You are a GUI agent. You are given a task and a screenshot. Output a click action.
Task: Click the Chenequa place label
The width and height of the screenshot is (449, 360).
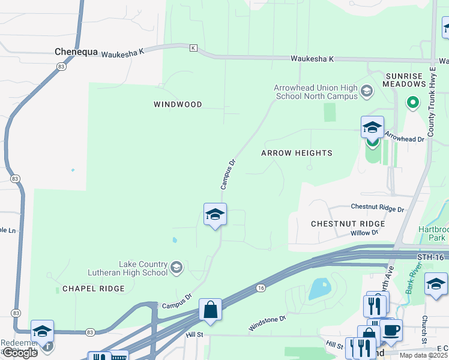[76, 52]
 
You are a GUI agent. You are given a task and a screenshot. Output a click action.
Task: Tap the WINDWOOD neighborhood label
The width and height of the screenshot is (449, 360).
[178, 104]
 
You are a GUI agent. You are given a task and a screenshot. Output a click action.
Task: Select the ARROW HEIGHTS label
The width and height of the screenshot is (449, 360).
[297, 153]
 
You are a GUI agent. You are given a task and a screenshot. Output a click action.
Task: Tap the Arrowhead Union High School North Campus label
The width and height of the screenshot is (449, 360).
[315, 92]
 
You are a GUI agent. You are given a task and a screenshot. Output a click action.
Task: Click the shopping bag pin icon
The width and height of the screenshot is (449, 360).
[211, 310]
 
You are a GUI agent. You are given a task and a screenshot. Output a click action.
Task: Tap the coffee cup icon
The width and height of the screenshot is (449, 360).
[391, 329]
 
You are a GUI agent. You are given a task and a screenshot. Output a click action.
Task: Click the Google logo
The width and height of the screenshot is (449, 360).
[20, 353]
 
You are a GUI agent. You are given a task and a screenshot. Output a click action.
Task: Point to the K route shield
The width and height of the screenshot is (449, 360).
[193, 47]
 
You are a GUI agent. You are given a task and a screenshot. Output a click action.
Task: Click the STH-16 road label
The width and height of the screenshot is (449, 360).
[432, 257]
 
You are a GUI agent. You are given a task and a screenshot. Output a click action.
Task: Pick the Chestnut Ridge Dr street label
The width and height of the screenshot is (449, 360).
[378, 208]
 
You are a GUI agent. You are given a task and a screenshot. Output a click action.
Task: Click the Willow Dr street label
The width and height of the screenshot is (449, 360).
[364, 232]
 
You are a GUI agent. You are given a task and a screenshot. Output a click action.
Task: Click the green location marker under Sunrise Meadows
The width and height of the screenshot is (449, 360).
[412, 103]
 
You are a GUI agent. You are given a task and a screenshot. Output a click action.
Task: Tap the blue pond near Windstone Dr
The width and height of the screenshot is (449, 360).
[319, 289]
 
